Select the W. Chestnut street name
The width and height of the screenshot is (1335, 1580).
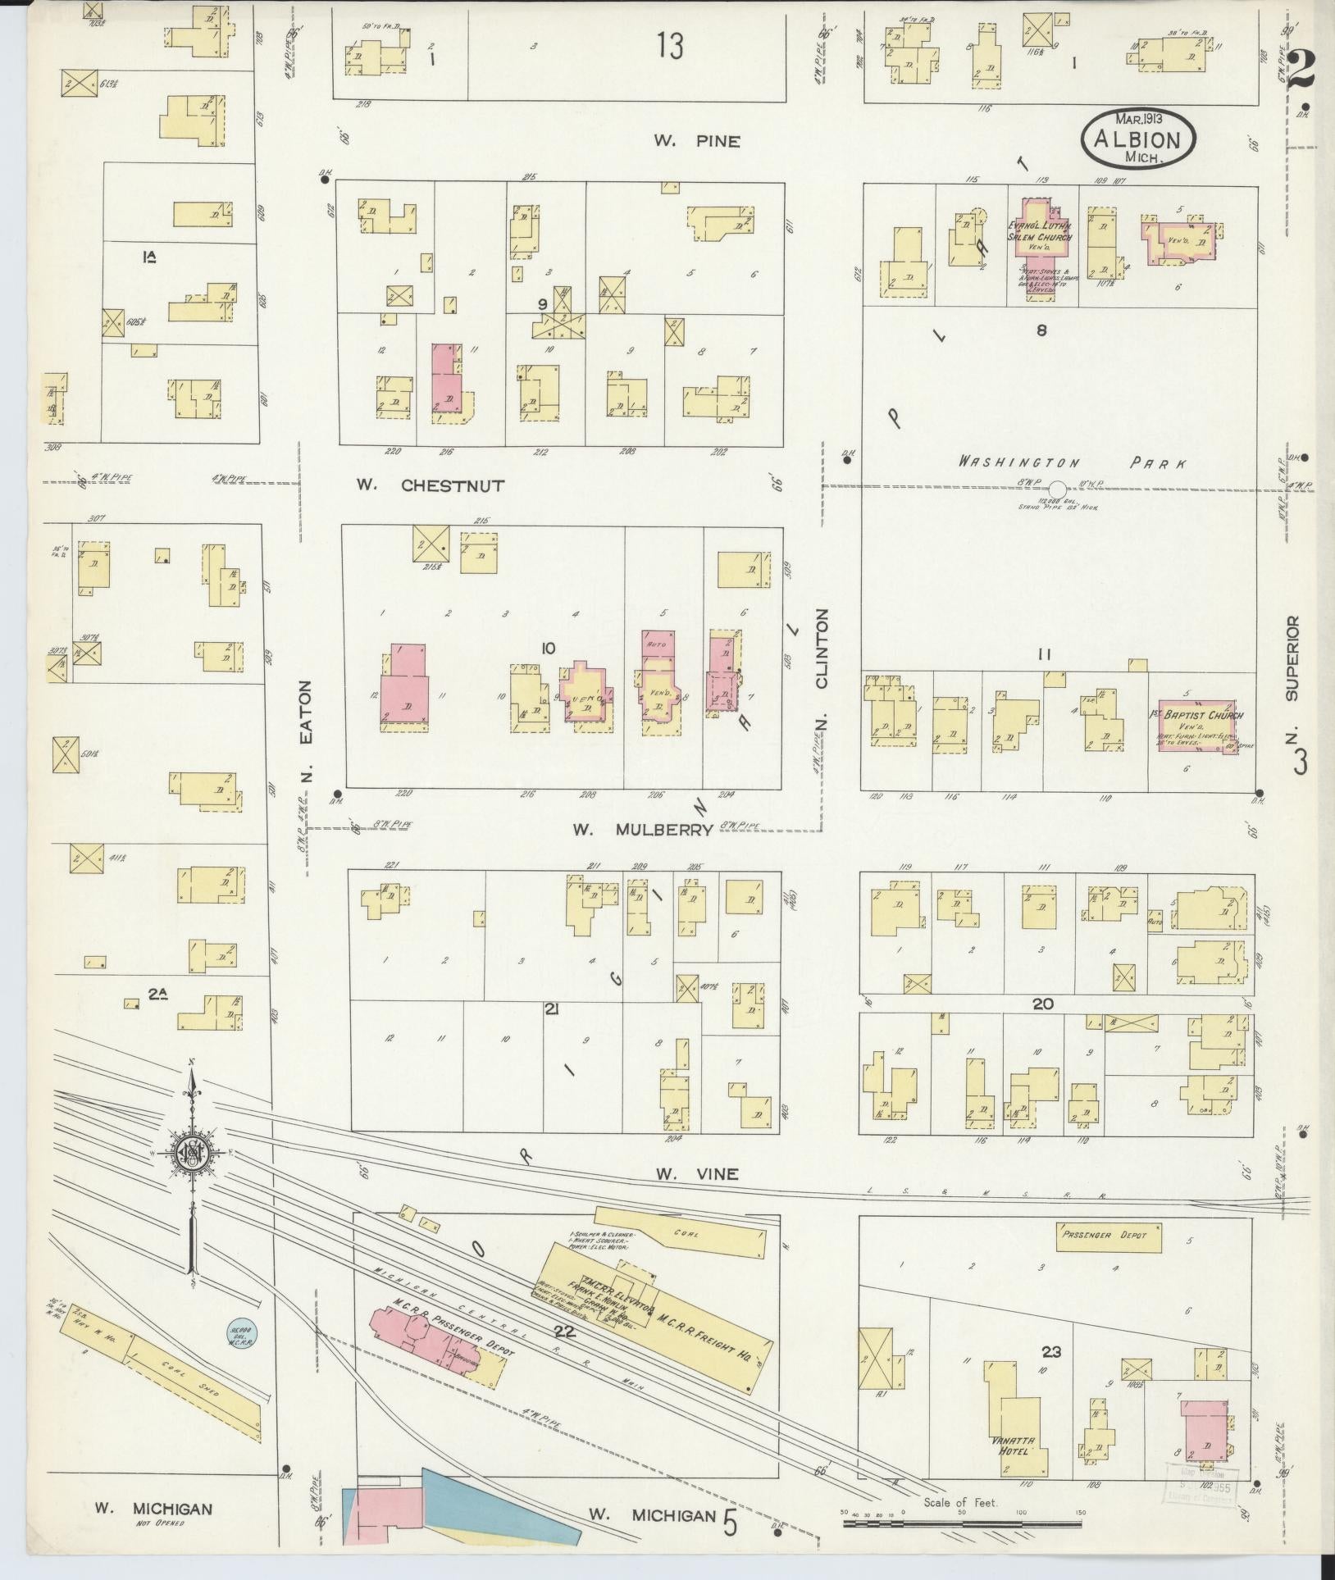pos(430,485)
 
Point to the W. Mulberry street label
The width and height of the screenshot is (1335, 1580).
pos(642,830)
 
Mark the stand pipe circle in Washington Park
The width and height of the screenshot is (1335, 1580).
pos(1059,488)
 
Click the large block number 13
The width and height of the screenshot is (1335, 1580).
pos(669,48)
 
